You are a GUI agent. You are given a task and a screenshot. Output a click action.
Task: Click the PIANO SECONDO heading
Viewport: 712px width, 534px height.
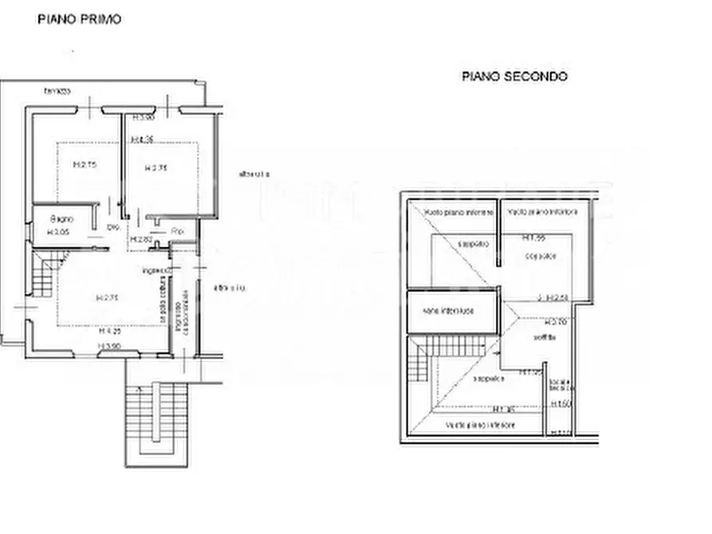(514, 77)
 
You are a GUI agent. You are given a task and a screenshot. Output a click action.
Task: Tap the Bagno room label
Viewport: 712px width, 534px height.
(61, 218)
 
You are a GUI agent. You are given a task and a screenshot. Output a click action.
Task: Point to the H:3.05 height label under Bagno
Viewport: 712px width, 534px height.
(59, 232)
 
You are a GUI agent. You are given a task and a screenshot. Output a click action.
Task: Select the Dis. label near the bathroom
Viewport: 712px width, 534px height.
(112, 227)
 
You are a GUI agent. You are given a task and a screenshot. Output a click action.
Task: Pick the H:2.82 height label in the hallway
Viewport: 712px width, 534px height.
(141, 239)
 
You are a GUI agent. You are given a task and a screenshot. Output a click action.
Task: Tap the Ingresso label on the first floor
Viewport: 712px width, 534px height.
(157, 271)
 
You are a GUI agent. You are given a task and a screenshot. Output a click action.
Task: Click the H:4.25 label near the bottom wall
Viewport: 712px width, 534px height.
(109, 330)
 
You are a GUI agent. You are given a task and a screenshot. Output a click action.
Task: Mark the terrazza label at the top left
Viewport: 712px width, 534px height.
(57, 90)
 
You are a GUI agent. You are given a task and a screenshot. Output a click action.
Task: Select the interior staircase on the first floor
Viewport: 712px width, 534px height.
(45, 271)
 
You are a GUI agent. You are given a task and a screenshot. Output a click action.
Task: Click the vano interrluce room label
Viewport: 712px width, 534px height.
(449, 310)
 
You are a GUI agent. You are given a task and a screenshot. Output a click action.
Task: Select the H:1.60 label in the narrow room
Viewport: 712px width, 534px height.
(562, 405)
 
